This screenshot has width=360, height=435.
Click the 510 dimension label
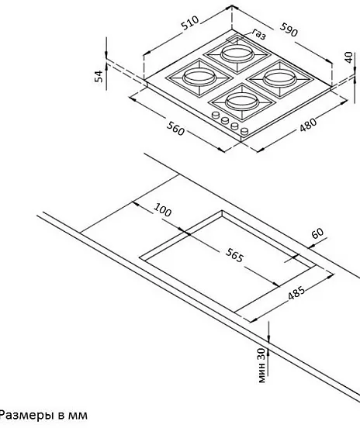coord(190,22)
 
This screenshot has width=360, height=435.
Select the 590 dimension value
coord(289,29)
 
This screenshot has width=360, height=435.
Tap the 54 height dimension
coord(99,76)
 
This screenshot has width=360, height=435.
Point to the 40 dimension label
coord(348,57)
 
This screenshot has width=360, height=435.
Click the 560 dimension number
coord(175,129)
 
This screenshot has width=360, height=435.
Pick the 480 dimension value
coord(308,126)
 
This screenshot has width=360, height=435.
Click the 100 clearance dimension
coord(163,210)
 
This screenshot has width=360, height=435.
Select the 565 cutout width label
coord(234,255)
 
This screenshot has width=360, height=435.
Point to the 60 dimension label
coord(318,233)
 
